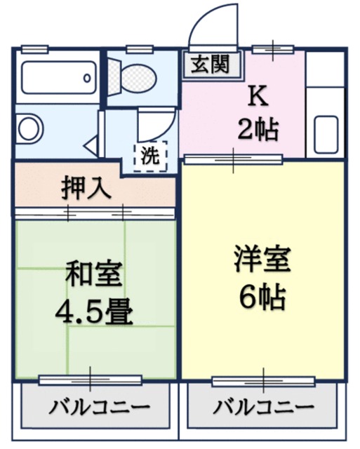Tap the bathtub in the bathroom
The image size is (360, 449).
58,77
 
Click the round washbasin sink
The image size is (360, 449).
29,129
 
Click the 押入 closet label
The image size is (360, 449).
87,188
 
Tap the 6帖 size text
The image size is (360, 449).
261,297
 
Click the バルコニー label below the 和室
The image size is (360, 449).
99,408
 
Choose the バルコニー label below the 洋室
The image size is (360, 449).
264,408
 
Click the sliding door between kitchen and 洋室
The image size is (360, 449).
232,159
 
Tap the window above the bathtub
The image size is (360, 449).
34,48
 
